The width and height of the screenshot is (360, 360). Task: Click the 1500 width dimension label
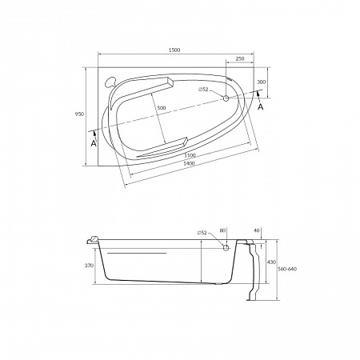pyautogui.click(x=174, y=50)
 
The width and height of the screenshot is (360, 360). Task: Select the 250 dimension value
pyautogui.click(x=240, y=59)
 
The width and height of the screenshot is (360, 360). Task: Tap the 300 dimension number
pyautogui.click(x=261, y=82)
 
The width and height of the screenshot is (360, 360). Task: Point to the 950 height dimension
pyautogui.click(x=79, y=114)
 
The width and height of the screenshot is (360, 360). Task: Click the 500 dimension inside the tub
pyautogui.click(x=162, y=108)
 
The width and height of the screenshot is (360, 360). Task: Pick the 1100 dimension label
pyautogui.click(x=190, y=155)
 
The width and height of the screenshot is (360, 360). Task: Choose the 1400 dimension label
pyautogui.click(x=189, y=163)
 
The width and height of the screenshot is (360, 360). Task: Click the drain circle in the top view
pyautogui.click(x=226, y=98)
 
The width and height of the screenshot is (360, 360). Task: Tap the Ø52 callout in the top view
pyautogui.click(x=203, y=90)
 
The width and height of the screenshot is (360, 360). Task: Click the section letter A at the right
pyautogui.click(x=261, y=107)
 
